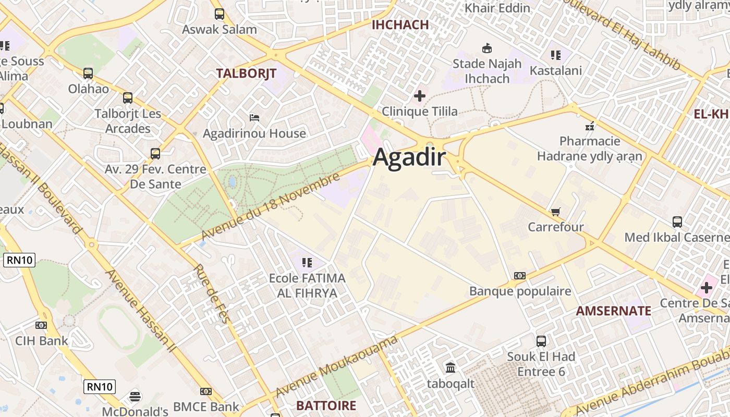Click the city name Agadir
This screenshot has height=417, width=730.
tap(409, 157)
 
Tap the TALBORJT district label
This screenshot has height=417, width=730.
tap(246, 73)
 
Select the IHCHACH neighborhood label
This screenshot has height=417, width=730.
tap(400, 24)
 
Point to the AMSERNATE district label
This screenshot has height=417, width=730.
tap(613, 311)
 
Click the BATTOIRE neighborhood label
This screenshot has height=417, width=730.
tap(326, 406)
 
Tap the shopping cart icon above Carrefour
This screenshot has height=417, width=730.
tap(555, 212)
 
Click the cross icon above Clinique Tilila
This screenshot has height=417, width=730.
tap(419, 96)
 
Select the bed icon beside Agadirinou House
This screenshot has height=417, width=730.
tap(254, 117)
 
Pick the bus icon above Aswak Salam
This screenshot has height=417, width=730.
tap(220, 14)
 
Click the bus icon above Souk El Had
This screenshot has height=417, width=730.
tap(541, 341)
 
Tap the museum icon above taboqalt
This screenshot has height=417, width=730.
tap(451, 368)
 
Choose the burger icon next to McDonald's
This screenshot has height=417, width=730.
tap(135, 397)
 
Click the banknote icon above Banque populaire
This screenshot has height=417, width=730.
tap(520, 276)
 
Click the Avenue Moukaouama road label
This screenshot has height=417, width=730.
tap(337, 366)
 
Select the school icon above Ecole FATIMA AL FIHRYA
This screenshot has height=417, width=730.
tap(307, 262)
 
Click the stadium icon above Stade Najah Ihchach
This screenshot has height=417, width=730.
tap(486, 48)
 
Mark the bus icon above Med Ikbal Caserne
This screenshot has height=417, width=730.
tap(677, 222)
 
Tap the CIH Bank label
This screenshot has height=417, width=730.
tap(41, 341)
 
